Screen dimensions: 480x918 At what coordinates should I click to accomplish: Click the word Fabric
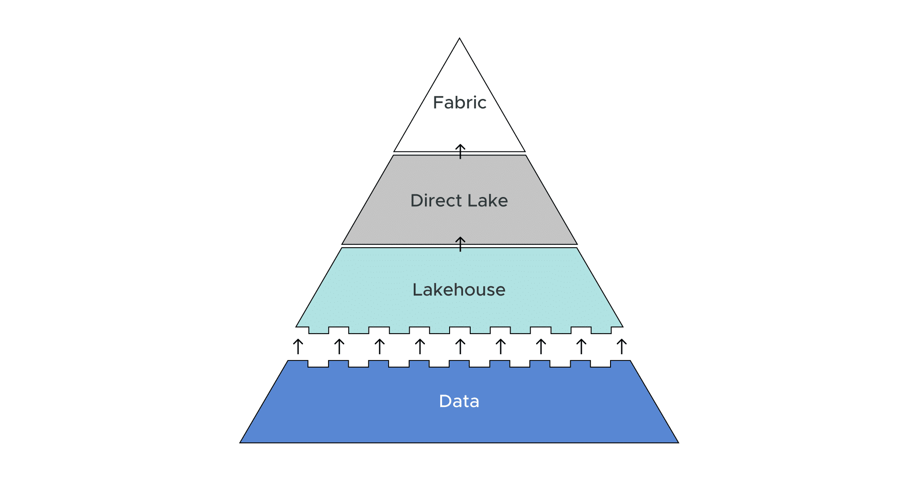click(459, 103)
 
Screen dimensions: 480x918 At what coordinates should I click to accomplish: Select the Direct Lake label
click(459, 201)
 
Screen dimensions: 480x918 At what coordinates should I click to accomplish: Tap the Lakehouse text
click(459, 290)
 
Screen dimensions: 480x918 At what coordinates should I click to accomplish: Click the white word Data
click(459, 401)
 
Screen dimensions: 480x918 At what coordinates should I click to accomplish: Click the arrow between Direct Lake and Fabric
click(460, 151)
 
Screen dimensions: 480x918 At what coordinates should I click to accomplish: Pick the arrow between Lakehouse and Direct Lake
click(460, 244)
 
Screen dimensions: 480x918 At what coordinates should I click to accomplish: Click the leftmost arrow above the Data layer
click(298, 347)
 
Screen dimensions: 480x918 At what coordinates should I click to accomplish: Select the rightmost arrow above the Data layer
click(622, 347)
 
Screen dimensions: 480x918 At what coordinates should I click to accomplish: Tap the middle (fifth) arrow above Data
click(460, 347)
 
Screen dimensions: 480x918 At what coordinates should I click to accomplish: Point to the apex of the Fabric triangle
click(459, 39)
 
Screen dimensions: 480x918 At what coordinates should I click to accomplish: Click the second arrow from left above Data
click(339, 347)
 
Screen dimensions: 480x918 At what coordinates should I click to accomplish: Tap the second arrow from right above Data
click(581, 347)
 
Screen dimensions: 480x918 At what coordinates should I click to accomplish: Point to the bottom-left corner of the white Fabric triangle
click(395, 151)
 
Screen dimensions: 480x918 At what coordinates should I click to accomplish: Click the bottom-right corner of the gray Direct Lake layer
click(576, 244)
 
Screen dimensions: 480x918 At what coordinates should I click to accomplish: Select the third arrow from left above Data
click(380, 347)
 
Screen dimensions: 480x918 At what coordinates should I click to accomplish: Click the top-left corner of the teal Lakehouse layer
click(342, 249)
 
